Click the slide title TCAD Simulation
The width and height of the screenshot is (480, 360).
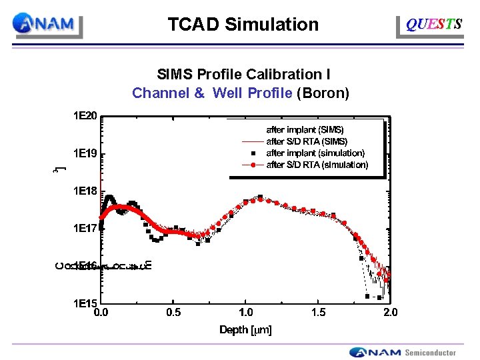243,25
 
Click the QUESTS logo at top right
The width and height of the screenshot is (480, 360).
433,25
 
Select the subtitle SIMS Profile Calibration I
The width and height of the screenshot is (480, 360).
243,74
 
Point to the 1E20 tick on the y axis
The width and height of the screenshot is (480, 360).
85,116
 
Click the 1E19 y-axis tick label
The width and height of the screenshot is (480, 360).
85,154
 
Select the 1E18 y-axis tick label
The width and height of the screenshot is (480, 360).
85,191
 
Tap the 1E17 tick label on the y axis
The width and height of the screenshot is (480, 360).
85,229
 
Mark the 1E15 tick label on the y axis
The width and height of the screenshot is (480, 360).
85,303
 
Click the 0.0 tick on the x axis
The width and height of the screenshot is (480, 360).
101,312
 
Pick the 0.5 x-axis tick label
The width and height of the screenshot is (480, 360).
173,312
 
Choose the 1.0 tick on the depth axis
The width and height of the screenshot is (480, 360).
246,312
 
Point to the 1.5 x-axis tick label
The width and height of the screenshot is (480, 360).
319,312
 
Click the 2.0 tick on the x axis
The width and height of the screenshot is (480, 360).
391,312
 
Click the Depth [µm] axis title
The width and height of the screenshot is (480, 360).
246,329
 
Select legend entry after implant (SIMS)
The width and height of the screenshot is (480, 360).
305,130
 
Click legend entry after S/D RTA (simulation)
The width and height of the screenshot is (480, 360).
317,165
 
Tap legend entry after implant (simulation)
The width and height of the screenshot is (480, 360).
315,153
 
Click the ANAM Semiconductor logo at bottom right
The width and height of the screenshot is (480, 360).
403,352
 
